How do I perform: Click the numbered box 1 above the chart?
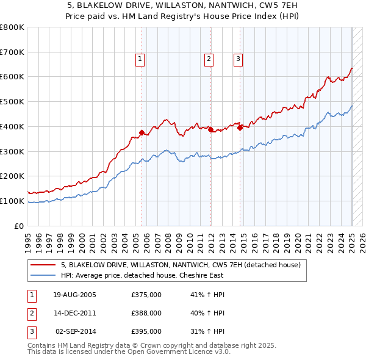coord(140,59)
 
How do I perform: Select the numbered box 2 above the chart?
coord(209,59)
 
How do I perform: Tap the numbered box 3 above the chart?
coord(238,59)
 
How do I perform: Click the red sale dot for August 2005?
coord(142,132)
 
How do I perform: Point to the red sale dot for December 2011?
coord(210,129)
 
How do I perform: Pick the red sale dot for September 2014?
coord(240,128)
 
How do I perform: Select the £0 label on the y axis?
coord(18,226)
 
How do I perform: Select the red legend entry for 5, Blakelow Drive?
coord(181,265)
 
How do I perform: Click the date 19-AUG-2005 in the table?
coord(74,295)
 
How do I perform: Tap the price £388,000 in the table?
coord(146,313)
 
